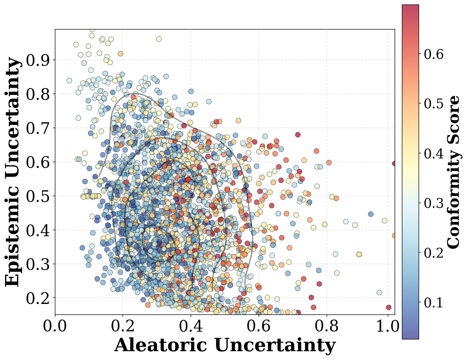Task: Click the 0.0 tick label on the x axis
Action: (x=55, y=326)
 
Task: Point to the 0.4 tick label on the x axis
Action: (x=191, y=326)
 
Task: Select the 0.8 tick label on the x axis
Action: (x=327, y=326)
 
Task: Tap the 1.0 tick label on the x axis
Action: (x=388, y=326)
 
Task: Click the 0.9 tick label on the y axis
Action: (x=38, y=60)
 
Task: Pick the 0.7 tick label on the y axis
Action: (x=38, y=128)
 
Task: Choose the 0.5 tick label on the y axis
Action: (x=38, y=196)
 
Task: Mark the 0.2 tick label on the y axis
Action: (x=38, y=298)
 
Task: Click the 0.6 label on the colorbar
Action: (x=434, y=54)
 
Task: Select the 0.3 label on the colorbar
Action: (x=434, y=203)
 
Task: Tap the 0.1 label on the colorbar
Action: (x=434, y=302)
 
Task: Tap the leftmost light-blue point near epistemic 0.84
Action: (x=69, y=80)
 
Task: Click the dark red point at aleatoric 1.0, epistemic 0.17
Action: (x=389, y=307)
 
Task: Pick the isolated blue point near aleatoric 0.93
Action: (x=371, y=214)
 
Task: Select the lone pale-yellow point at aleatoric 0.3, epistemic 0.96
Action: (x=159, y=39)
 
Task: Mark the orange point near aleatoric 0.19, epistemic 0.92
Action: (x=120, y=54)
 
